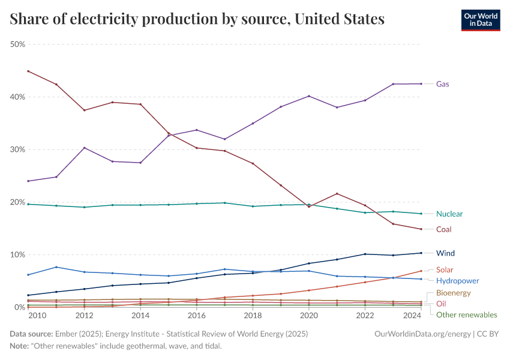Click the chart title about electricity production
tap(197, 19)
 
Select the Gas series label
tap(442, 84)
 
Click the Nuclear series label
tap(449, 214)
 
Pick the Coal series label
tap(443, 229)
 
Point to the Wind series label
tap(445, 253)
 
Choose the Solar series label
tap(445, 269)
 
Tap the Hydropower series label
tap(457, 280)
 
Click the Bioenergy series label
tap(453, 293)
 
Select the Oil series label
tap(440, 304)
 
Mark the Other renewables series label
tap(466, 314)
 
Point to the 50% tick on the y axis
tap(17, 44)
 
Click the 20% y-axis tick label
tap(17, 202)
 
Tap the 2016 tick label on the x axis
tap(196, 315)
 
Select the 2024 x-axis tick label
tap(421, 315)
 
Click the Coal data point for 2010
tap(28, 71)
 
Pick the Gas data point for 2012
tap(84, 148)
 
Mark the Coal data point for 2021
tap(337, 193)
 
